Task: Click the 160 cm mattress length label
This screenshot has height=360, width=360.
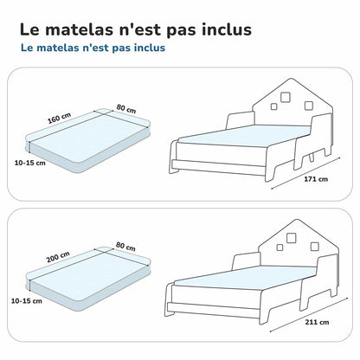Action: tap(59, 118)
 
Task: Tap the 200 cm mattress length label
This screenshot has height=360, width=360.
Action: tap(58, 257)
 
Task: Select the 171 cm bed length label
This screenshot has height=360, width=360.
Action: tap(316, 179)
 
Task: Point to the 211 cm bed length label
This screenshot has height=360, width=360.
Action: tap(317, 322)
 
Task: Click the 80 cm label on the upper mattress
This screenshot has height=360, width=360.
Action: tap(126, 109)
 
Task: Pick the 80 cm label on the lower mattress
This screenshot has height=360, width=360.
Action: tap(125, 247)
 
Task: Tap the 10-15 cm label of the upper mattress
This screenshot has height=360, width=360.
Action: tap(30, 163)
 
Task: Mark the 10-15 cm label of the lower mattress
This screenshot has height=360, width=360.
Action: tap(27, 301)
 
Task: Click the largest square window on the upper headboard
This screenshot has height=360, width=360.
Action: tap(286, 97)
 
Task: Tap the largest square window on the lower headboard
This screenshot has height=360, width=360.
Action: tap(291, 237)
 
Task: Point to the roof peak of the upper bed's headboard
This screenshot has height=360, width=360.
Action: tap(291, 79)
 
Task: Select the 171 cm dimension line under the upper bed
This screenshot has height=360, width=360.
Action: tap(306, 173)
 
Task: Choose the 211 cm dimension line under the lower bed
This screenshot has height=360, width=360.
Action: tap(309, 314)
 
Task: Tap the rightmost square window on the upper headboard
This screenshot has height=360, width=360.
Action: tap(309, 106)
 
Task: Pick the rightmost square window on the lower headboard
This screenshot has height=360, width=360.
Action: tap(315, 247)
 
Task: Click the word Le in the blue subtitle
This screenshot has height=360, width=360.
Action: tap(27, 48)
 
